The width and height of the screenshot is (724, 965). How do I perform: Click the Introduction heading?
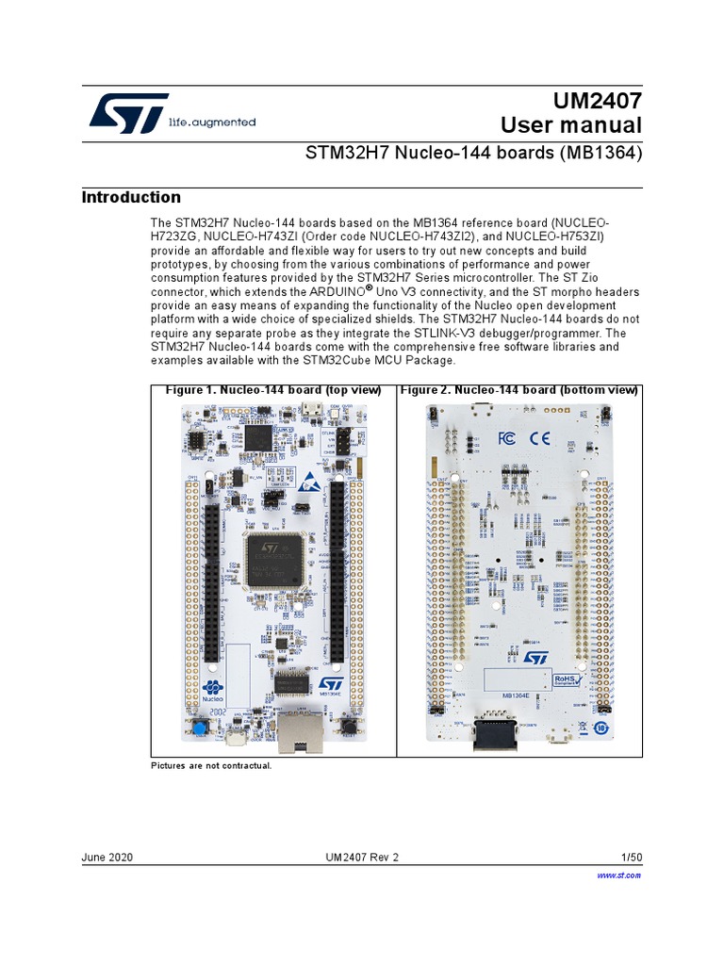131,197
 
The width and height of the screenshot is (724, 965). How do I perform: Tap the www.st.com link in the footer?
619,875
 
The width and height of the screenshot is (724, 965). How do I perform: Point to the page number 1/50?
631,858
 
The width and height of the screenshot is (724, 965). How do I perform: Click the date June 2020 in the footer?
107,858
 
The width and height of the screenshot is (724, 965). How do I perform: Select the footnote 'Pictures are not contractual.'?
211,765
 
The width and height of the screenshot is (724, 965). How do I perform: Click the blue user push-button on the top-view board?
200,728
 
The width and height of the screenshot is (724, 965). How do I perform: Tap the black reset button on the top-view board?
347,728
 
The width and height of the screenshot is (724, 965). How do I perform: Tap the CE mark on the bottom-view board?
539,437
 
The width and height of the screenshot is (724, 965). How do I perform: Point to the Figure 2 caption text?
519,390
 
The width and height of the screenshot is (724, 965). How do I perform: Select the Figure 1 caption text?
273,390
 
